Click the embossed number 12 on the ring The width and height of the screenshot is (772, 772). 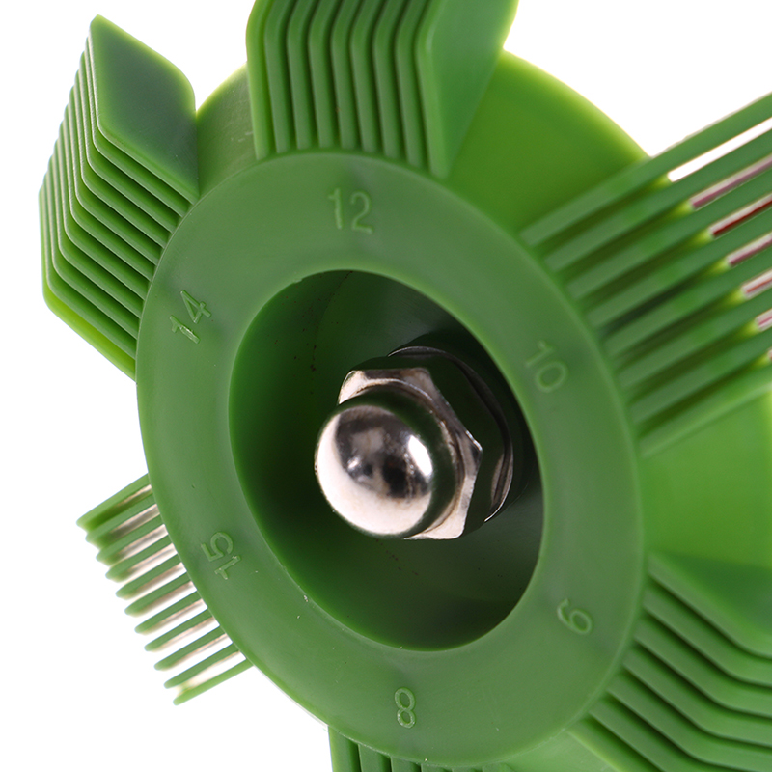coord(351,209)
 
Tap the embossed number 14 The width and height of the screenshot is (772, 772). coord(190,316)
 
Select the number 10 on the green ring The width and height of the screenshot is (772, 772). coord(546,366)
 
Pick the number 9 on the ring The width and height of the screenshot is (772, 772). coord(574,616)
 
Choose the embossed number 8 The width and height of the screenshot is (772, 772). coord(405,707)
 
